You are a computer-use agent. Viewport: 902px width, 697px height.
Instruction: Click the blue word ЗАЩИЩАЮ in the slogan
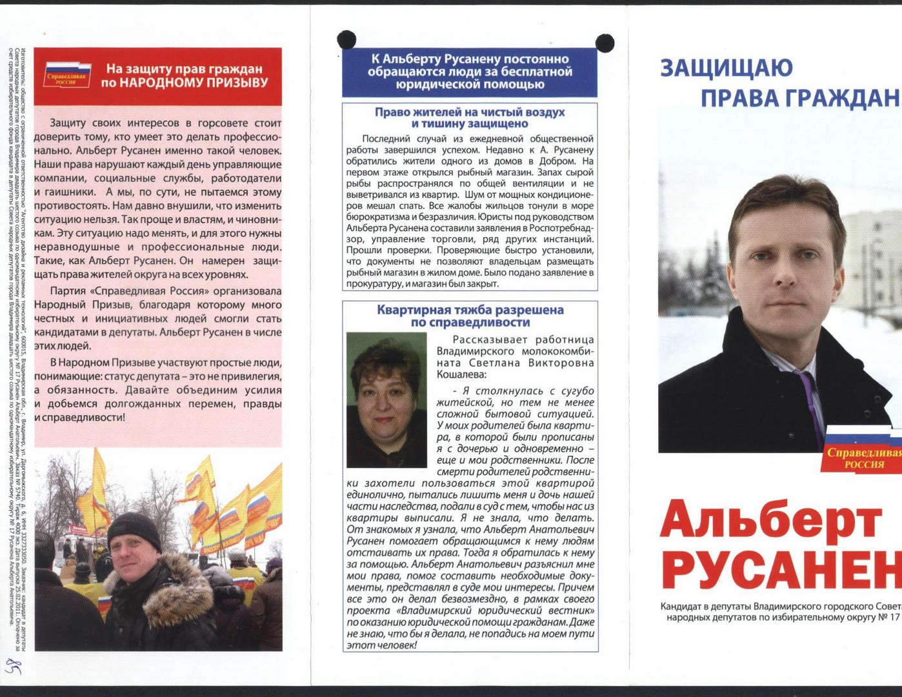727,68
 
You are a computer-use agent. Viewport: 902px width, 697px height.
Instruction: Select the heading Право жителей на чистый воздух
469,112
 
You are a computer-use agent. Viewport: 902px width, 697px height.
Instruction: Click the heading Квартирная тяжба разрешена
470,310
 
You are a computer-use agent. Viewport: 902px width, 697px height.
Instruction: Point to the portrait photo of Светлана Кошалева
386,399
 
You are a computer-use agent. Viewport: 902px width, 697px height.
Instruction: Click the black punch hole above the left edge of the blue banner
346,39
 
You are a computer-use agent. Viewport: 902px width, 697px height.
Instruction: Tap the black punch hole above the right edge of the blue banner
605,43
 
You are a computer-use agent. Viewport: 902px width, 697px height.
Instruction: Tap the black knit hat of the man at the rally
134,529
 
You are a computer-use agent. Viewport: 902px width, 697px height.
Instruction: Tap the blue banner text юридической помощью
469,85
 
